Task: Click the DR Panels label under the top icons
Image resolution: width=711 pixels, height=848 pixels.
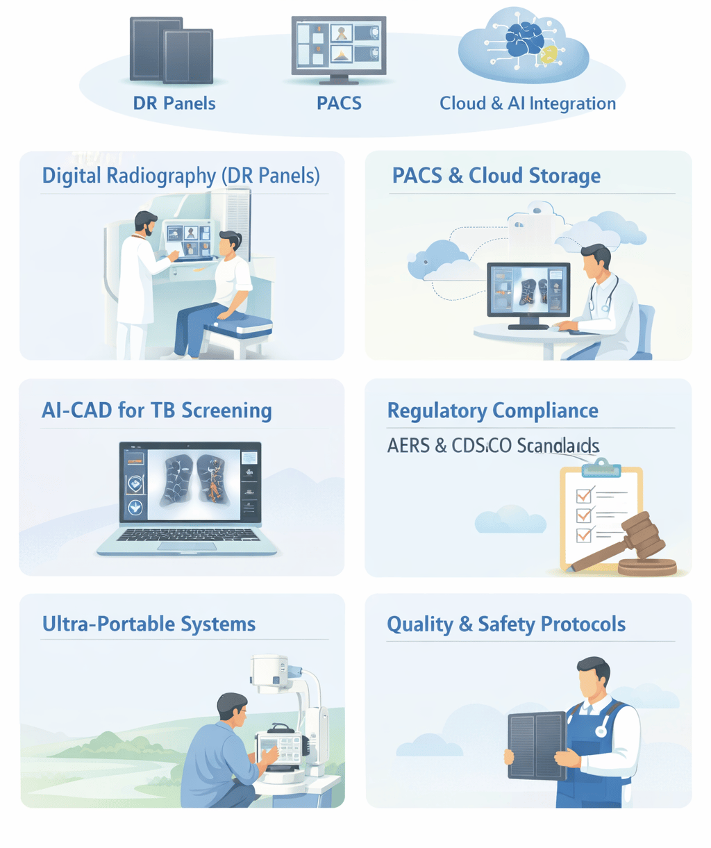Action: tap(174, 103)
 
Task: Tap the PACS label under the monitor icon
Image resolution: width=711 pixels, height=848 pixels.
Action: tap(339, 103)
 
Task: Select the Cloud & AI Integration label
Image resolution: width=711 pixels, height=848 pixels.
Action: tap(528, 103)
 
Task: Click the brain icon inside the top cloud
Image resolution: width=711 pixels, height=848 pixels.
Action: tap(524, 39)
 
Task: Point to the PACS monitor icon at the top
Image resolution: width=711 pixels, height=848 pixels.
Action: tap(339, 44)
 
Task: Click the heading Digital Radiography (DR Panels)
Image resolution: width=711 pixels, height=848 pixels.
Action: tap(181, 176)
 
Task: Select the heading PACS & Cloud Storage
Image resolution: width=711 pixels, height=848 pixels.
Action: tap(496, 176)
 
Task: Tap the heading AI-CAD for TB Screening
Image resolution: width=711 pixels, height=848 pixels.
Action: tap(157, 410)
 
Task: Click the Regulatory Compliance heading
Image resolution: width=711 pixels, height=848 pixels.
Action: tap(492, 410)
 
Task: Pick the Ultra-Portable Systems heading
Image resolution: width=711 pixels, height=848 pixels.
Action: tap(149, 624)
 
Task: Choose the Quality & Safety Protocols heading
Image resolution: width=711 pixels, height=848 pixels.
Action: tap(505, 624)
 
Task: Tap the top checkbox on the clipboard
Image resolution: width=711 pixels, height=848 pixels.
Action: tap(584, 495)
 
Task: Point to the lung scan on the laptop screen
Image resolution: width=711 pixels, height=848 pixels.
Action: tap(191, 480)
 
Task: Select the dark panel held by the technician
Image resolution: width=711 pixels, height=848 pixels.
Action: tap(537, 745)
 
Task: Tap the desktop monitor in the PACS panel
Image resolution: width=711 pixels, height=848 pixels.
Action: tap(528, 289)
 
